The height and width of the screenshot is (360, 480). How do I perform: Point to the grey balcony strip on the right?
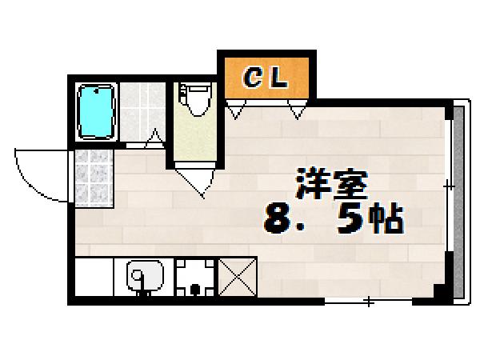[x=459, y=200]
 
